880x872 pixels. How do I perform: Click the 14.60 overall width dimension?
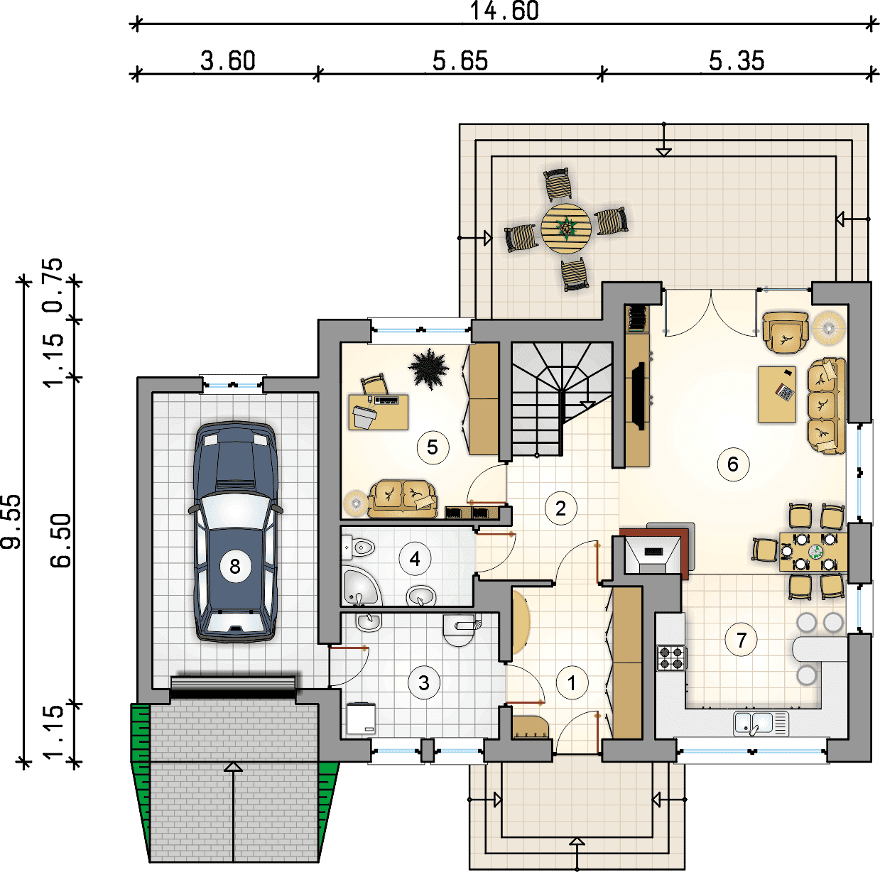(504, 11)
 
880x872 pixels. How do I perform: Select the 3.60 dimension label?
(228, 61)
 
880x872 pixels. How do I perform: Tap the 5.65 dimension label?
(460, 61)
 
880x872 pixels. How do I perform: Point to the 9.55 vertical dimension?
(11, 521)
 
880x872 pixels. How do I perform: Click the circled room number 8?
(234, 567)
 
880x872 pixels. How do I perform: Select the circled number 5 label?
(433, 447)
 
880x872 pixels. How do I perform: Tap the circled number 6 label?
(732, 464)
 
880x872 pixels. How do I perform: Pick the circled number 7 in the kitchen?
(741, 641)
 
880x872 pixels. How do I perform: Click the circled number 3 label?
(424, 683)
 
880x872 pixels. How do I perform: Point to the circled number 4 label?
(415, 558)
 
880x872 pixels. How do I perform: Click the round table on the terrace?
(566, 228)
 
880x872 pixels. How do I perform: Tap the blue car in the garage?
(235, 532)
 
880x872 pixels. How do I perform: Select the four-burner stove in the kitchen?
(671, 658)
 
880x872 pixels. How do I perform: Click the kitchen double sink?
(761, 724)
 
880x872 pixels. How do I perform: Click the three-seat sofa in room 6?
(826, 406)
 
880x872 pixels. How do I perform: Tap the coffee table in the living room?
(777, 394)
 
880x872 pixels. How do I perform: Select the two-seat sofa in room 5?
(402, 498)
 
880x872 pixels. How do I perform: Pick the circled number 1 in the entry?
(571, 683)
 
